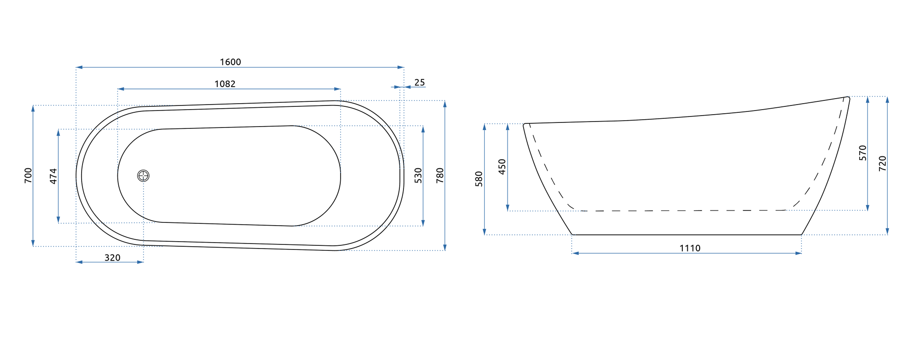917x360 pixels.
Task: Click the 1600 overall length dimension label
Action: pos(230,62)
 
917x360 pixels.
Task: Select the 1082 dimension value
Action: pos(225,84)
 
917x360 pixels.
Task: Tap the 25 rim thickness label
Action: pos(420,83)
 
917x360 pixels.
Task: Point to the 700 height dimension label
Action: pos(28,176)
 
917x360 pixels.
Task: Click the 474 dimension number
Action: pos(53,176)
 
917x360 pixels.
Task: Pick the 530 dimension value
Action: pos(418,176)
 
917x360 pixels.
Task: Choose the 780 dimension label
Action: pos(440,176)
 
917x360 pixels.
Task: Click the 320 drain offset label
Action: pos(112,258)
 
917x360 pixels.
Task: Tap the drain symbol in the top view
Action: pos(144,176)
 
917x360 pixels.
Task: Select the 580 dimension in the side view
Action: pos(479,179)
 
